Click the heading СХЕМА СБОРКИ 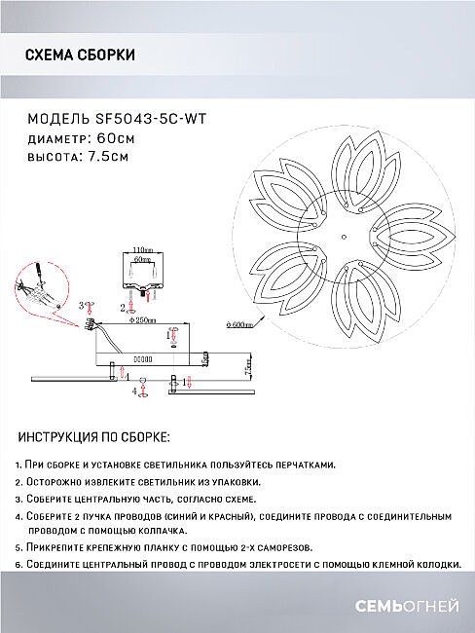pyautogui.click(x=79, y=56)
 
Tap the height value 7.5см pyautogui.click(x=110, y=156)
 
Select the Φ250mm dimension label pyautogui.click(x=146, y=319)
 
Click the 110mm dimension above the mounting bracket pyautogui.click(x=144, y=250)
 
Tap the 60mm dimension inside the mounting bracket pyautogui.click(x=144, y=261)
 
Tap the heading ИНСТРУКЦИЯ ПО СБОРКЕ pyautogui.click(x=94, y=438)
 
